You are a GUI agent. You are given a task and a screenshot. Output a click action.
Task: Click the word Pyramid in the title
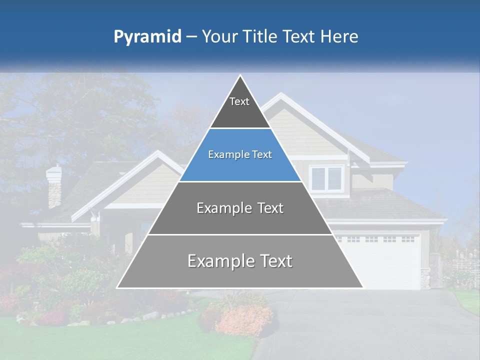147,37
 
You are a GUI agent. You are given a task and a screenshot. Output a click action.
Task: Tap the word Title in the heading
260,36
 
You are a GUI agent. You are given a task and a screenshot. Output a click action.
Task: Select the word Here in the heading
339,36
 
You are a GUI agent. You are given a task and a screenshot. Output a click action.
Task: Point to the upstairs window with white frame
326,178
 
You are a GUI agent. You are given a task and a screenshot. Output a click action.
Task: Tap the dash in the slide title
191,37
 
